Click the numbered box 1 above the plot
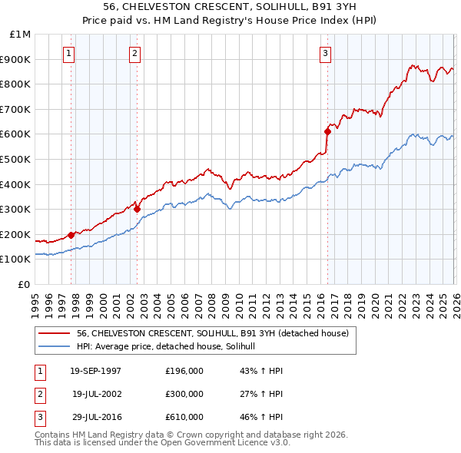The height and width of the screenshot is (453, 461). (69, 54)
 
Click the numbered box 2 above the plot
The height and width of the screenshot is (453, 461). (135, 54)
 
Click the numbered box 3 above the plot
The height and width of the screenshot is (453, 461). (326, 54)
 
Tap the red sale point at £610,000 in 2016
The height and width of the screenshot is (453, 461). (327, 131)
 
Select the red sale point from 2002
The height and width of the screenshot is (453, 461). (138, 209)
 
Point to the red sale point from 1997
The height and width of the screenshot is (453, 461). (71, 235)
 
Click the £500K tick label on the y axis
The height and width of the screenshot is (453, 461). (16, 159)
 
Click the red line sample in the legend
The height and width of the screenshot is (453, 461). (55, 333)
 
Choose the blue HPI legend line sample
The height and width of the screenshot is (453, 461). (55, 347)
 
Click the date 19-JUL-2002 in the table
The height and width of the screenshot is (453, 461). (95, 394)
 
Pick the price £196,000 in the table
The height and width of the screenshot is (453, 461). (184, 371)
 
